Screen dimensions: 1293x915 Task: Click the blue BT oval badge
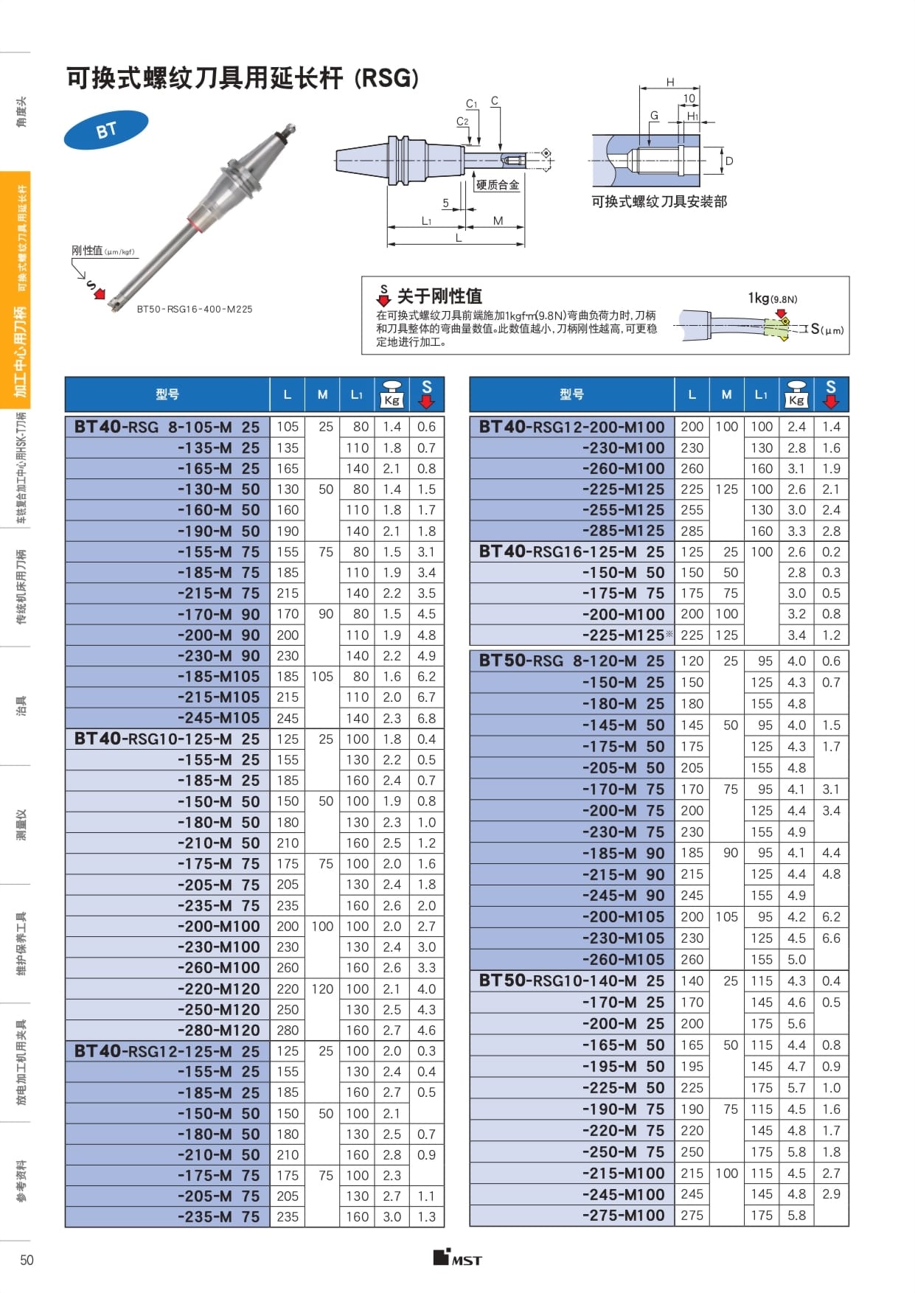pyautogui.click(x=106, y=130)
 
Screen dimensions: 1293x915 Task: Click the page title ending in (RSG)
pyautogui.click(x=243, y=78)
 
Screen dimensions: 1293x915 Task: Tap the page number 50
pyautogui.click(x=27, y=1260)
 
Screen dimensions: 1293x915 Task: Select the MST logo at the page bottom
pyautogui.click(x=457, y=1258)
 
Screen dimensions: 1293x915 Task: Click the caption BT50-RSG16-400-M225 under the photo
pyautogui.click(x=195, y=310)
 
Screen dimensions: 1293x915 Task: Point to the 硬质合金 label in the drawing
pyautogui.click(x=497, y=185)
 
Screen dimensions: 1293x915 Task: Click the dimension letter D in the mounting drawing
pyautogui.click(x=729, y=161)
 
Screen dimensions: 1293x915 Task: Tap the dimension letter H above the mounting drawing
pyautogui.click(x=670, y=82)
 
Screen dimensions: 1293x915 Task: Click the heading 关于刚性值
pyautogui.click(x=439, y=296)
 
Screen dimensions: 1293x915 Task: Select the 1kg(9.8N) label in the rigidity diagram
pyautogui.click(x=772, y=299)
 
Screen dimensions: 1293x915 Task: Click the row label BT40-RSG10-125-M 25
pyautogui.click(x=167, y=739)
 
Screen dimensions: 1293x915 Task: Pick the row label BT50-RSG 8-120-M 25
pyautogui.click(x=571, y=661)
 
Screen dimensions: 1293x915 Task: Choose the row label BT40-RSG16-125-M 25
pyautogui.click(x=571, y=552)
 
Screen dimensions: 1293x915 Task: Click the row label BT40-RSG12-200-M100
pyautogui.click(x=571, y=427)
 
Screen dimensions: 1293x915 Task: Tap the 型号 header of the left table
pyautogui.click(x=167, y=394)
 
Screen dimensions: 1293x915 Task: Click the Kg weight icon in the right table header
pyautogui.click(x=796, y=394)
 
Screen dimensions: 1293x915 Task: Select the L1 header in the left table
pyautogui.click(x=357, y=395)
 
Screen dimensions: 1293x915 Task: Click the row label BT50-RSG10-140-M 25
pyautogui.click(x=571, y=981)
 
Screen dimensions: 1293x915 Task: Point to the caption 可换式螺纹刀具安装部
pyautogui.click(x=659, y=201)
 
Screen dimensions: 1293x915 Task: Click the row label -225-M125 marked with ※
pyautogui.click(x=624, y=635)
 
